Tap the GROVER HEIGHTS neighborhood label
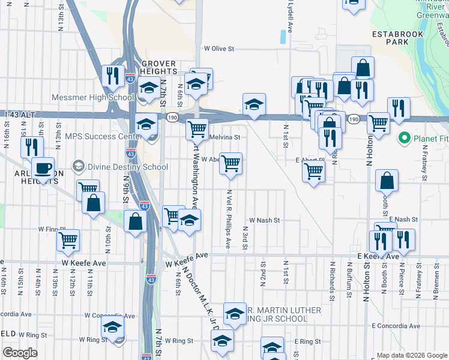158,68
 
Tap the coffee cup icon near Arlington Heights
43,169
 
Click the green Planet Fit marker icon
405,139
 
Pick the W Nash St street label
265,220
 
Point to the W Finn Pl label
52,229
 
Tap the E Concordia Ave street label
394,325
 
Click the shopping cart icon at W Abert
231,163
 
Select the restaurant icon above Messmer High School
112,75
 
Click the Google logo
20,353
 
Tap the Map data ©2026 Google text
411,355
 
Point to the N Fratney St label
424,166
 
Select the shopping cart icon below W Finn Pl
68,241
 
